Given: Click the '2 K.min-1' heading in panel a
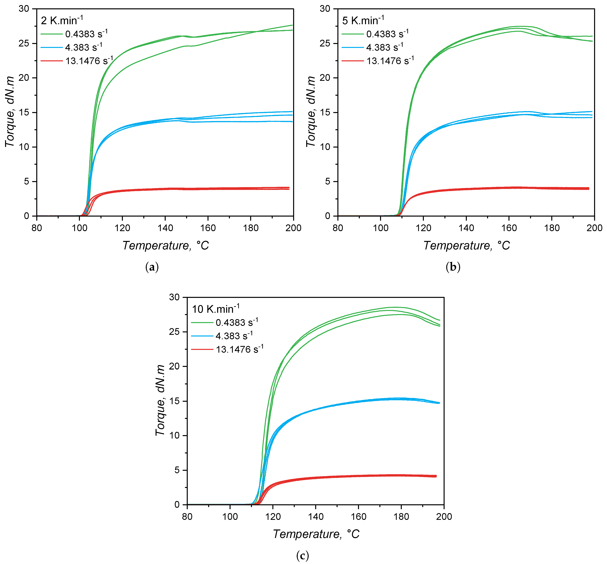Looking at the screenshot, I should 62,20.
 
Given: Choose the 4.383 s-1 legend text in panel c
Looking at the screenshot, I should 234,336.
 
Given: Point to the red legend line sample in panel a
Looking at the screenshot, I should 51,61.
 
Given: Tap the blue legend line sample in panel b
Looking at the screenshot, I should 353,47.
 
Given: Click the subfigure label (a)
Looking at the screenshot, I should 152,267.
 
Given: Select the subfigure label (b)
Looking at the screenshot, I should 453,267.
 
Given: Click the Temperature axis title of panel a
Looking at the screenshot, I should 166,245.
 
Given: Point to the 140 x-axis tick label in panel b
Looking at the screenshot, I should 466,228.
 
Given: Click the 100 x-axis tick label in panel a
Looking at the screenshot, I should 80,228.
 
